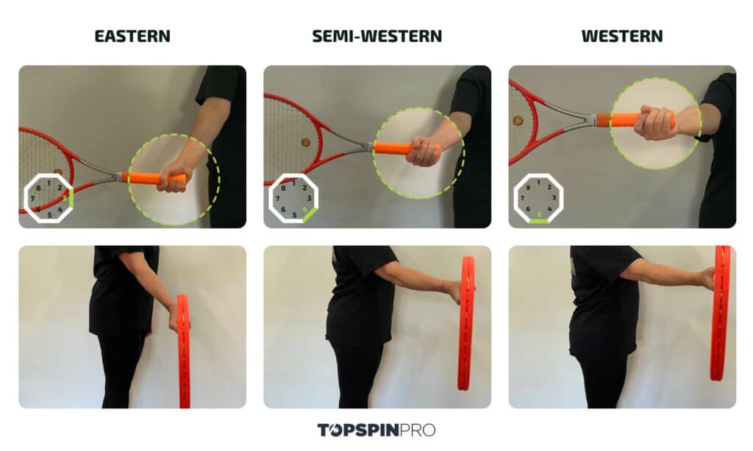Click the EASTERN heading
click(x=132, y=36)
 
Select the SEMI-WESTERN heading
click(x=376, y=36)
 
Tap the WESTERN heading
click(x=621, y=36)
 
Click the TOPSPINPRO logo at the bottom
click(x=376, y=430)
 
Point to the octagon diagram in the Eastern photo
click(x=49, y=198)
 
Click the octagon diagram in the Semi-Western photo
click(x=293, y=198)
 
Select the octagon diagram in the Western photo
click(x=538, y=199)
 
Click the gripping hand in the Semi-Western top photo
click(x=424, y=152)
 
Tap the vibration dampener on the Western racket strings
click(x=518, y=120)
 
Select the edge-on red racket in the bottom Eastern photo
click(x=183, y=349)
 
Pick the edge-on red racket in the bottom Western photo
click(x=720, y=313)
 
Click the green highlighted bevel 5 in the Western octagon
click(x=539, y=220)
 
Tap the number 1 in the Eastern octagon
click(x=49, y=182)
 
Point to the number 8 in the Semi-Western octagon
click(x=283, y=187)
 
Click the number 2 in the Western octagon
click(x=549, y=187)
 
